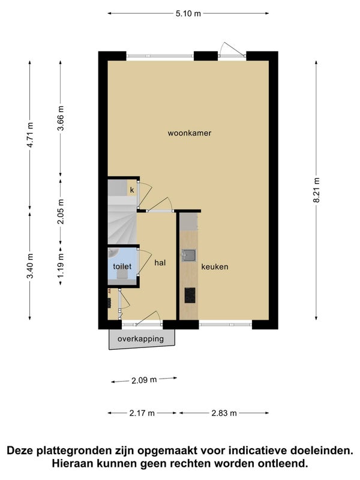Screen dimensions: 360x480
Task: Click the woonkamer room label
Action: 190,133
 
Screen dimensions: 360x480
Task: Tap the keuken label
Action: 215,266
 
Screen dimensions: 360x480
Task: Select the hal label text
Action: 160,262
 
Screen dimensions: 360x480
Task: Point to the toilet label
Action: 122,266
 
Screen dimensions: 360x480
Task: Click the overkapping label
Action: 141,339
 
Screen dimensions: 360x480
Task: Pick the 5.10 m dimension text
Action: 188,13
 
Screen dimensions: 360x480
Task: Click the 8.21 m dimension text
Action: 316,190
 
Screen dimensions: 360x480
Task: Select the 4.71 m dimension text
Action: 30,134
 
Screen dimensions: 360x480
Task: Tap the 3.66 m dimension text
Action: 61,118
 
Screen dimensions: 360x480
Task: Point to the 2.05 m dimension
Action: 61,212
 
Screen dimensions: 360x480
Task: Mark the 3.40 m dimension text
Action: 30,266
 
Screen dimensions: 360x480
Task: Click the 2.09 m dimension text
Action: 144,380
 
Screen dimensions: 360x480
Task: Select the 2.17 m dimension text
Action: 142,413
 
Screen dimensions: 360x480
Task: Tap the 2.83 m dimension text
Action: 224,413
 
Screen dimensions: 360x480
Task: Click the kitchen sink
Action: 189,255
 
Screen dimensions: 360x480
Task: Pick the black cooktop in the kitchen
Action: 190,295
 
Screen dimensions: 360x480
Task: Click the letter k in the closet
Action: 132,190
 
